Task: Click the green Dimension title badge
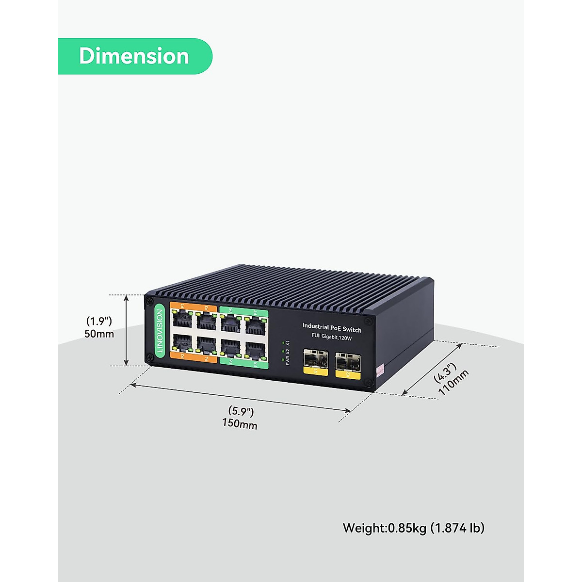(x=134, y=56)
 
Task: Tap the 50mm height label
(x=99, y=334)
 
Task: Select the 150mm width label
(x=240, y=424)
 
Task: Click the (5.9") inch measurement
(x=241, y=412)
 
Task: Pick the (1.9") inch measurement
(x=99, y=321)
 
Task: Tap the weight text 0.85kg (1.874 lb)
(x=413, y=528)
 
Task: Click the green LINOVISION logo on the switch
(x=160, y=331)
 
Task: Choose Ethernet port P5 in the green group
(x=230, y=323)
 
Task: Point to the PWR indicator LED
(x=282, y=359)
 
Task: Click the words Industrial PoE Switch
(x=332, y=328)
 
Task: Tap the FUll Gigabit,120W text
(x=332, y=337)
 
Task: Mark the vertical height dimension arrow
(x=127, y=330)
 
